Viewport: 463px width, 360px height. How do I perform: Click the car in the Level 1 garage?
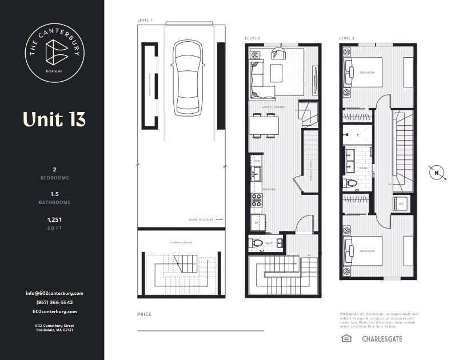pyautogui.click(x=187, y=77)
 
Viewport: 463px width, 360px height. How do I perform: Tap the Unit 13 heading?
pyautogui.click(x=54, y=119)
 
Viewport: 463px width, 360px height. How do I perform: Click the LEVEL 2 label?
pyautogui.click(x=253, y=38)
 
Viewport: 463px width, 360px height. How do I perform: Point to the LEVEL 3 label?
pyautogui.click(x=346, y=38)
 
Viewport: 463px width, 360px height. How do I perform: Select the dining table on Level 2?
pyautogui.click(x=264, y=125)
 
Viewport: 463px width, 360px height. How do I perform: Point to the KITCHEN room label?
pyautogui.click(x=269, y=189)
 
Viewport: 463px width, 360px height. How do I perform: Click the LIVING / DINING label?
pyautogui.click(x=273, y=106)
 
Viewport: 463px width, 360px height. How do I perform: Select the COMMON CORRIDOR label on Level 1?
pyautogui.click(x=181, y=243)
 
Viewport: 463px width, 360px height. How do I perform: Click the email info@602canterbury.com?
pyautogui.click(x=54, y=293)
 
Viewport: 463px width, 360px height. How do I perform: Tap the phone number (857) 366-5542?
pyautogui.click(x=54, y=302)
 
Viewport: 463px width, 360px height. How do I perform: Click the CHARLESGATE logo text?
pyautogui.click(x=382, y=339)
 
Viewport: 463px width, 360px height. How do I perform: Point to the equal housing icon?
pyautogui.click(x=345, y=338)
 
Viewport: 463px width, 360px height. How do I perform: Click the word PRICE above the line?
pyautogui.click(x=145, y=314)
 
